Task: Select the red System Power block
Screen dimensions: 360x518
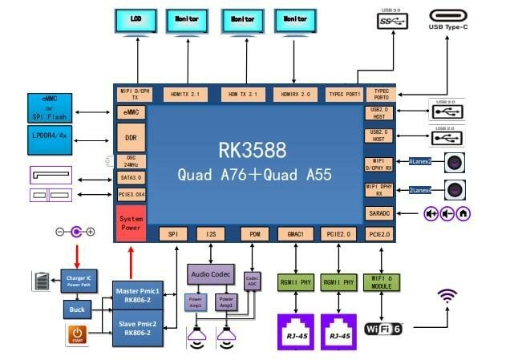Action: coord(131,222)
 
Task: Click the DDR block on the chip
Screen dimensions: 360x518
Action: coord(131,137)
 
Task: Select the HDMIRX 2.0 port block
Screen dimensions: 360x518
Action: coord(294,94)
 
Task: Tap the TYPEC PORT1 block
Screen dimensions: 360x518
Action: coord(344,94)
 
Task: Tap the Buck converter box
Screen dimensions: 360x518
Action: coord(78,309)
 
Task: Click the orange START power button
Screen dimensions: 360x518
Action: coord(77,335)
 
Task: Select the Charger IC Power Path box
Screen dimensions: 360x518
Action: coord(77,281)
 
